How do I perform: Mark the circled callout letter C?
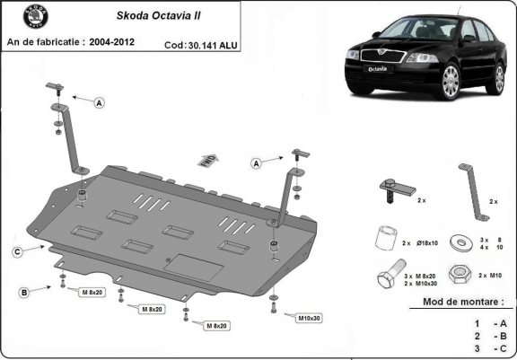(x=16, y=251)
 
